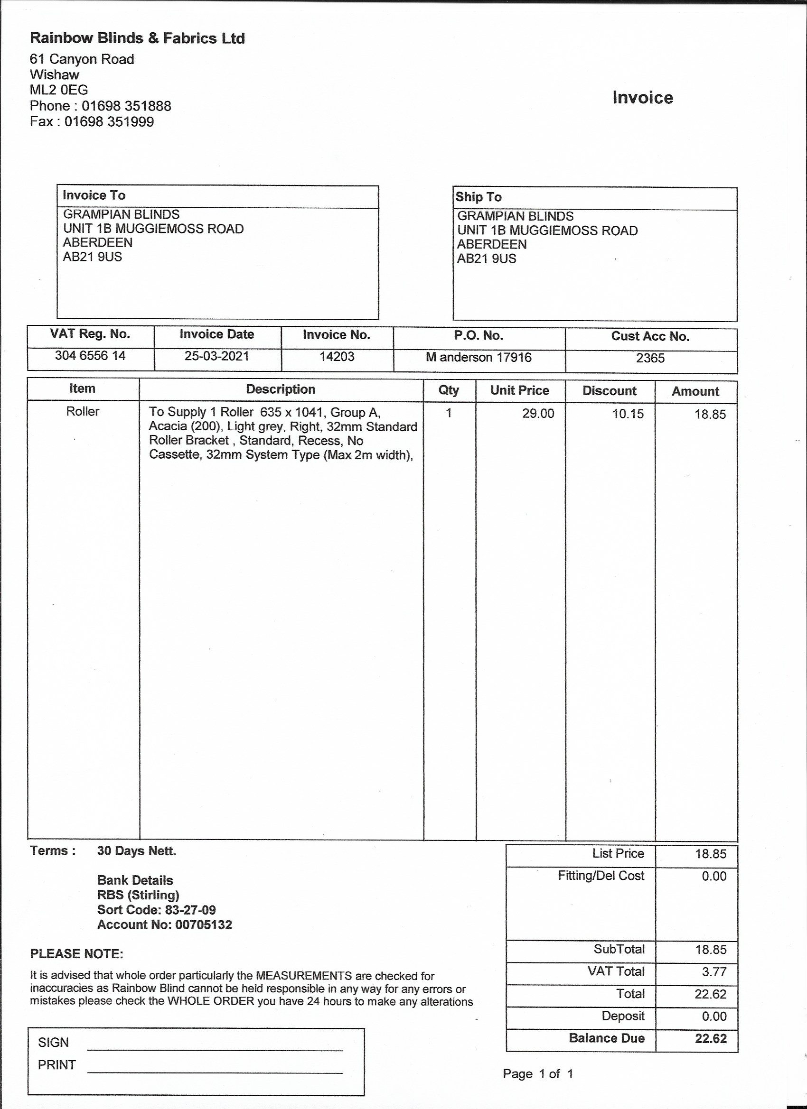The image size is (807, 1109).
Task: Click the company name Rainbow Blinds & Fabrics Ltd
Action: [138, 38]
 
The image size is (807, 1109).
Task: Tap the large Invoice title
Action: [643, 97]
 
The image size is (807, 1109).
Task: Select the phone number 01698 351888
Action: [126, 106]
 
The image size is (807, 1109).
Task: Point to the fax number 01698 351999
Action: [109, 121]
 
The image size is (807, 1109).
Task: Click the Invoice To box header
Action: [94, 195]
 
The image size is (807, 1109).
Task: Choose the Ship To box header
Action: [479, 197]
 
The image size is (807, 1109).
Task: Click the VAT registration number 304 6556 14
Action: [90, 355]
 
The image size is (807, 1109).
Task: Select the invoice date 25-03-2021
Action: [217, 356]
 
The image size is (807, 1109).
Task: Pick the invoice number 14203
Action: [337, 357]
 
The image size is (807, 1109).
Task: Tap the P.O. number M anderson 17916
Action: [479, 358]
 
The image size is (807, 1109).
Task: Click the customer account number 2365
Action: [650, 359]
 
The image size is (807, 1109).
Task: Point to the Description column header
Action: [281, 389]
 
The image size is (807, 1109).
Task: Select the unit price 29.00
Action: [538, 414]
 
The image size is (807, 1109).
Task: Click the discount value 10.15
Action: [628, 414]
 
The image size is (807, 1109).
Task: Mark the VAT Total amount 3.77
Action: [714, 971]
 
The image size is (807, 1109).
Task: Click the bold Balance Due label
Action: [606, 1038]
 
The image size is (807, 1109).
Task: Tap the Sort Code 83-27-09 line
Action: [156, 910]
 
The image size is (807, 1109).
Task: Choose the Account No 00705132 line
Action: [164, 924]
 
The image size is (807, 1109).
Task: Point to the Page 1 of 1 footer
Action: [538, 1074]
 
